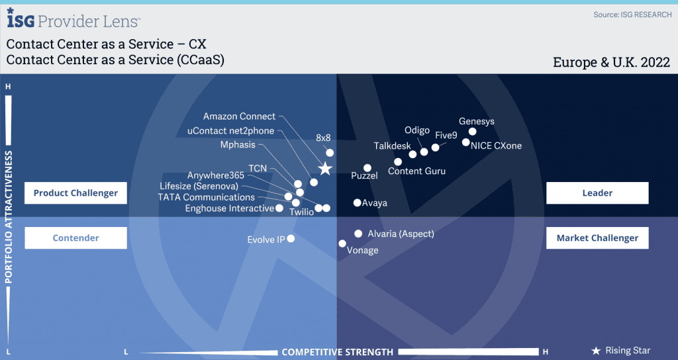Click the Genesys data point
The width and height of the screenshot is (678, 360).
click(473, 132)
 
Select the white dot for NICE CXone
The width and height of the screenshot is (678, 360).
click(465, 142)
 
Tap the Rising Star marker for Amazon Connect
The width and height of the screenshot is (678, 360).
click(325, 169)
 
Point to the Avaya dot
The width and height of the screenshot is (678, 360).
click(357, 202)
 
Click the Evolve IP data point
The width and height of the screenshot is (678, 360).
click(291, 238)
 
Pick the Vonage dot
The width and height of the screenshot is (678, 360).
click(342, 244)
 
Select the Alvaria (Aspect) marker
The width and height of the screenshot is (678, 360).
click(358, 234)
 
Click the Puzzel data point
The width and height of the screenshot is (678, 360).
click(367, 168)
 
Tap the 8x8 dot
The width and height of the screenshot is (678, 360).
click(330, 153)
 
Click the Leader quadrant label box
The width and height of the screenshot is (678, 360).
click(597, 193)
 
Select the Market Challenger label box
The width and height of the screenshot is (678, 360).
click(597, 238)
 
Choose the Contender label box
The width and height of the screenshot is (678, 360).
click(75, 238)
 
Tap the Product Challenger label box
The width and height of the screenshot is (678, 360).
click(75, 193)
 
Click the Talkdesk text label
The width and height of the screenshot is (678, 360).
click(392, 146)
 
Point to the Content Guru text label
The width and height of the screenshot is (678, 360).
click(416, 171)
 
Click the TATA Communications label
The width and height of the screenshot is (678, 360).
click(207, 197)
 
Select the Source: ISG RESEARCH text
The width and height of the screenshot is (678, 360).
click(632, 15)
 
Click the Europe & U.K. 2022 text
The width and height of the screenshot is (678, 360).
click(611, 62)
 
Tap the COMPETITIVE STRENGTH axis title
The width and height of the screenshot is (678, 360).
click(337, 352)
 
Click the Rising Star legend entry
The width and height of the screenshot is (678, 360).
click(621, 351)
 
